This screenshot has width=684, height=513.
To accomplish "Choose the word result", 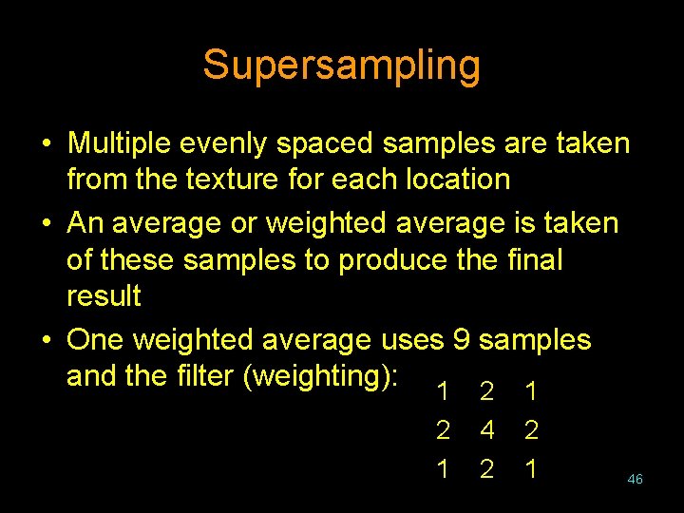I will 104,295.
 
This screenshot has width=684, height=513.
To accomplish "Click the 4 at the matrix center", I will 487,430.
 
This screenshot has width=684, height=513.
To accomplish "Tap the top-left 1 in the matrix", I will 442,392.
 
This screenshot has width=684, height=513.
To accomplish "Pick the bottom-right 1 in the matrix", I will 532,468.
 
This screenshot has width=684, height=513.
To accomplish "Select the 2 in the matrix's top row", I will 487,392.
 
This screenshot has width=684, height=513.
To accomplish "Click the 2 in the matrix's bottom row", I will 487,468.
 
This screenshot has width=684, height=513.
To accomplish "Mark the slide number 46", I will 635,480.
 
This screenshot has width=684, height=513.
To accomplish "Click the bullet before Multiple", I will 46,144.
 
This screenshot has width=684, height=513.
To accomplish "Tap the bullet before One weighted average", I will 46,340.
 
